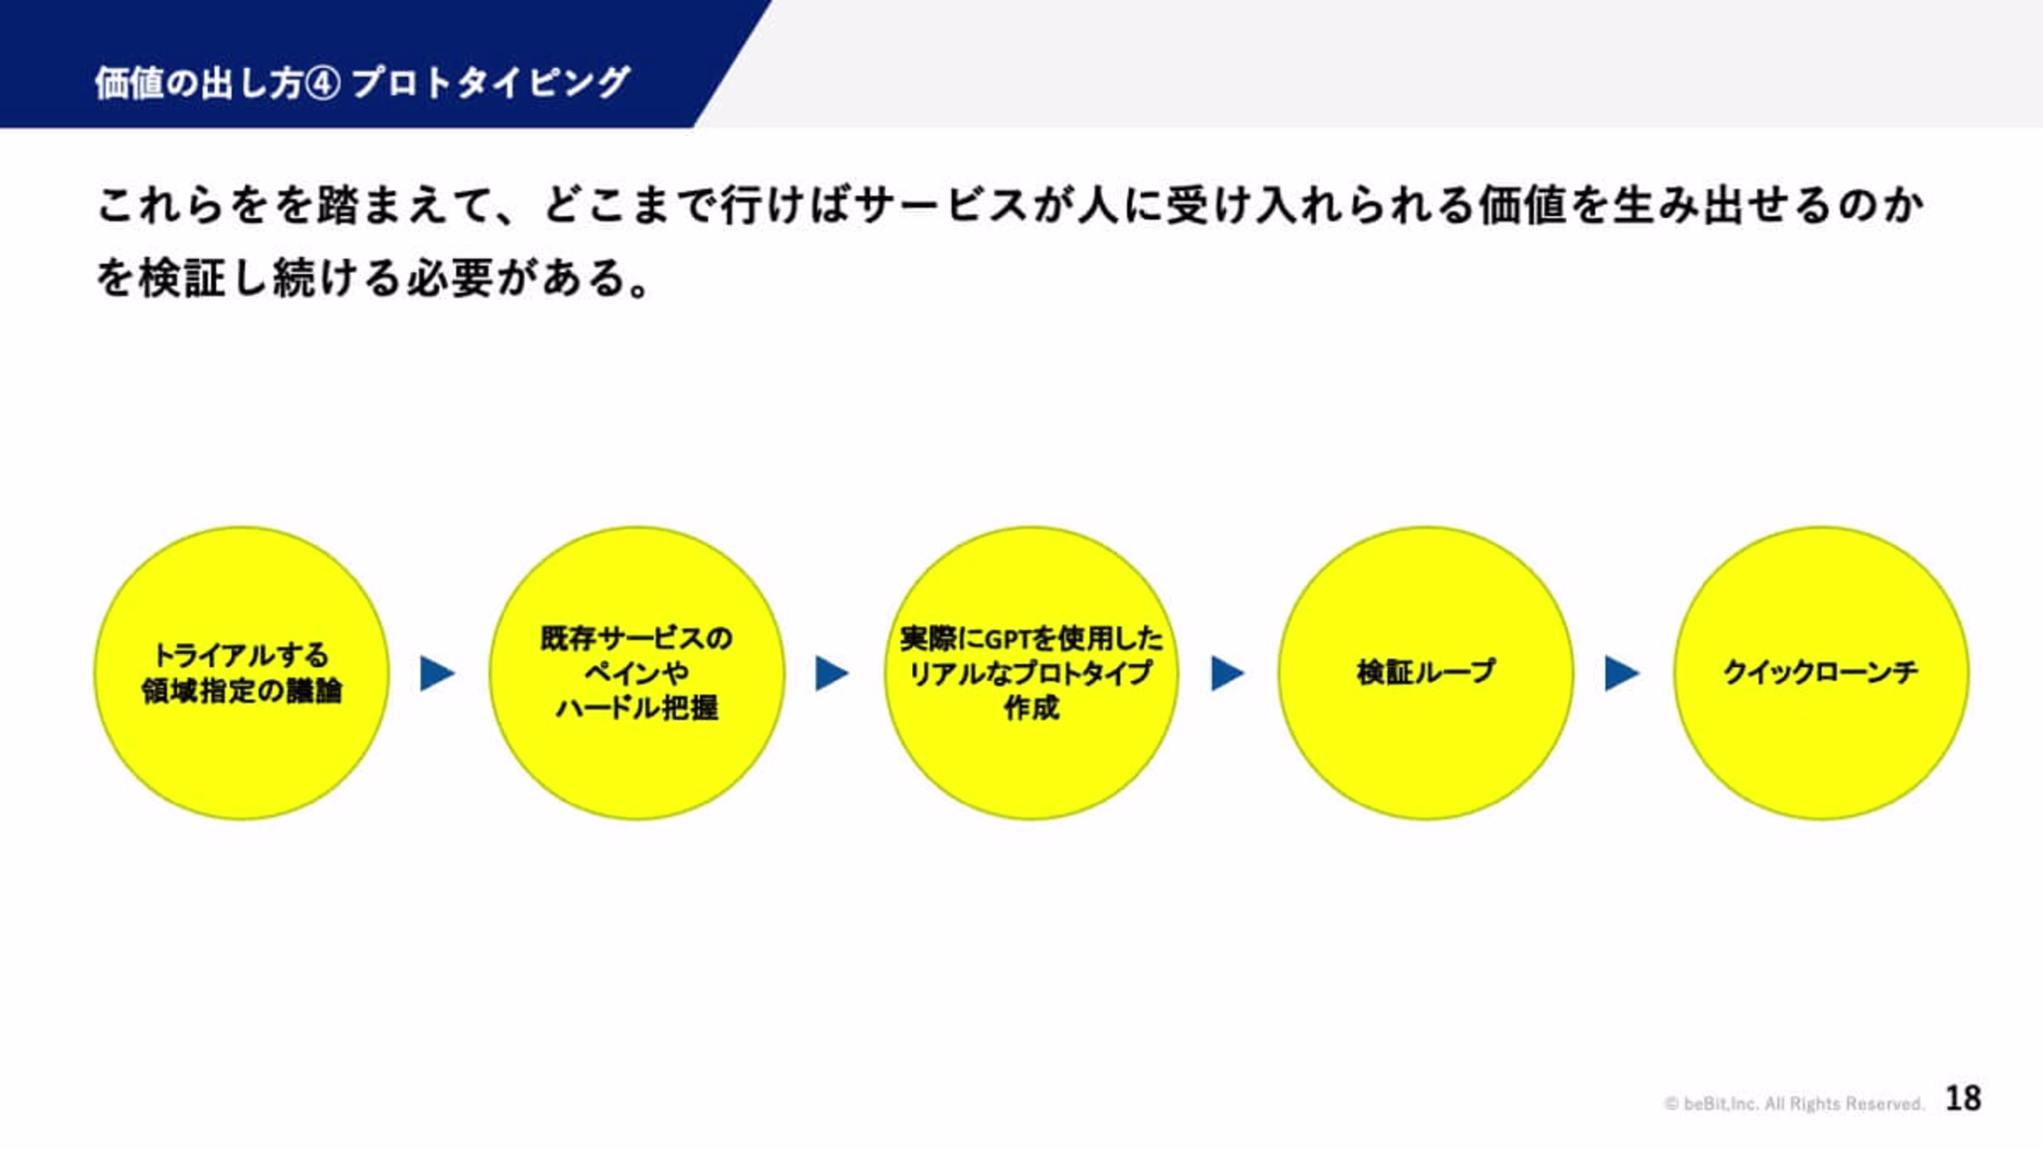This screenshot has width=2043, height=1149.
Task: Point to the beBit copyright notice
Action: pos(1794,1103)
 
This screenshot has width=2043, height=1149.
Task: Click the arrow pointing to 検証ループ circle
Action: pos(1227,673)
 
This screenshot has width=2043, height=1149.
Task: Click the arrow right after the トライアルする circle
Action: pos(437,673)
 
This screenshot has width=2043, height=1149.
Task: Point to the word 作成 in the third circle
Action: pos(1031,707)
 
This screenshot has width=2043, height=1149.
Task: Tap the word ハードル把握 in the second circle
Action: pos(636,707)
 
